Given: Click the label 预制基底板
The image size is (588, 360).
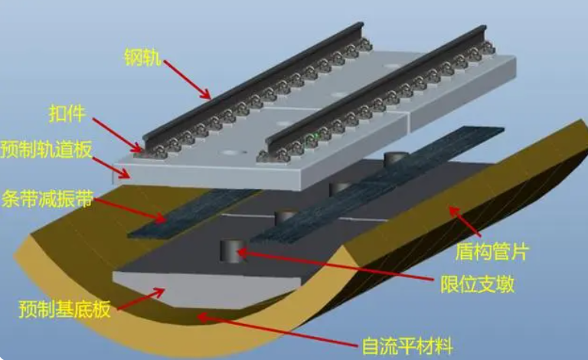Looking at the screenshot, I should tap(66, 310).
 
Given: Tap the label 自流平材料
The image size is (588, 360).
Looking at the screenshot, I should tap(403, 346).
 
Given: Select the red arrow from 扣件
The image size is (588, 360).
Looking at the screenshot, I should tap(115, 130).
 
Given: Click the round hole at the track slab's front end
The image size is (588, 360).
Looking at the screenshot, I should tap(229, 154).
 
